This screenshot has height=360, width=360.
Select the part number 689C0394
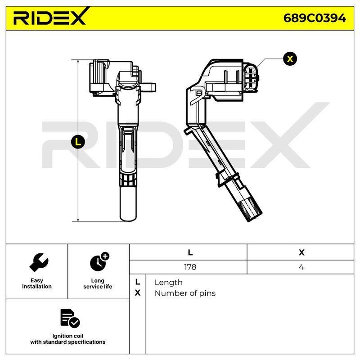[x=315, y=18]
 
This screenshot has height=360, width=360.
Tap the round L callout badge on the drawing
[x=78, y=142]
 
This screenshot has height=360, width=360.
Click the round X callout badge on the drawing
[x=290, y=59]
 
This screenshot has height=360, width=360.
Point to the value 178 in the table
[x=190, y=267]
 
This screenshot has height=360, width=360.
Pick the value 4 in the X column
[x=301, y=267]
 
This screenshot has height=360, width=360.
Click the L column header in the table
[x=190, y=252]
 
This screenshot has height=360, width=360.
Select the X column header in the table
[x=301, y=252]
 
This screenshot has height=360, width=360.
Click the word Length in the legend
[x=168, y=283]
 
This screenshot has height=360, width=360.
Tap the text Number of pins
[x=185, y=293]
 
